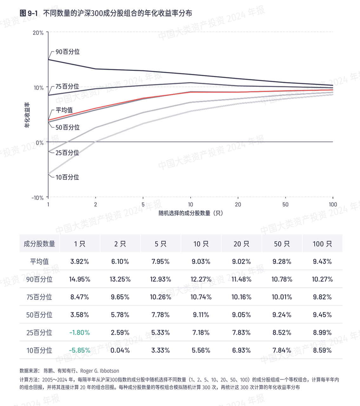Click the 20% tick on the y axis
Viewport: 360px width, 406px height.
[x=38, y=33]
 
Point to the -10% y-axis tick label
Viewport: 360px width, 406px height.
[x=38, y=198]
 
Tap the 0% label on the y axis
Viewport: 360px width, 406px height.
[x=40, y=143]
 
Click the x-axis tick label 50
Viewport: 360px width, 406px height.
[x=285, y=205]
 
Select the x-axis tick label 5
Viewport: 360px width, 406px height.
[x=143, y=205]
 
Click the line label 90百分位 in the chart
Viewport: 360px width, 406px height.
[x=68, y=52]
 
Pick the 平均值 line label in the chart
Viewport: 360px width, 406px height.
[x=64, y=110]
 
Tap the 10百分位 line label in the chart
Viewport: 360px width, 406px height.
[x=67, y=177]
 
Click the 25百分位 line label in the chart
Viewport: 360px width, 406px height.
[x=67, y=153]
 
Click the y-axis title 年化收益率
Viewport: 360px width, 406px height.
[x=27, y=115]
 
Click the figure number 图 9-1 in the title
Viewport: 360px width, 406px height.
[x=29, y=13]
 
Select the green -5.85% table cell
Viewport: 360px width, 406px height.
[x=80, y=350]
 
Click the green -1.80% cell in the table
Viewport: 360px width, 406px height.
[x=80, y=333]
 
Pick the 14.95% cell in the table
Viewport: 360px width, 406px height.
[x=80, y=279]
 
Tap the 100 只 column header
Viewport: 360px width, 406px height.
[x=322, y=244]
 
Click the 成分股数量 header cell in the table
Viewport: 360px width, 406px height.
[x=39, y=244]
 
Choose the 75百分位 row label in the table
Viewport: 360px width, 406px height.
[x=39, y=297]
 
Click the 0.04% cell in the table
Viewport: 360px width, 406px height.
[x=120, y=350]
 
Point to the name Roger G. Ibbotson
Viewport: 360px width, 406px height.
[x=100, y=371]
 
